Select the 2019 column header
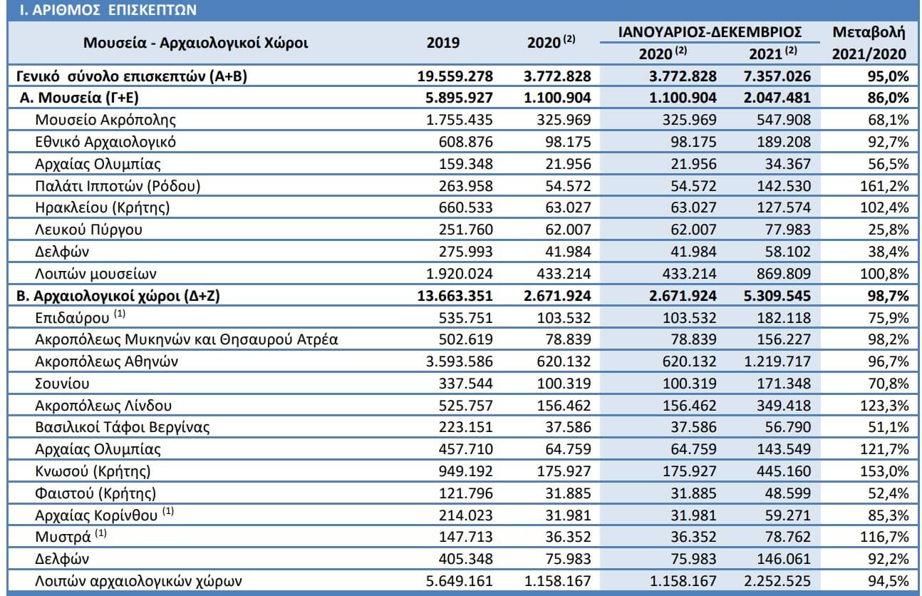coord(443,43)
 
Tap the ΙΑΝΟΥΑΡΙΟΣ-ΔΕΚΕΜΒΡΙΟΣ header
coord(710,32)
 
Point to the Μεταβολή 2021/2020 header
coord(869,43)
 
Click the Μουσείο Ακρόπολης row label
coord(105,120)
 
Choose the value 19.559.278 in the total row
coord(455,76)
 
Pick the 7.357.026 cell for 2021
coord(777,76)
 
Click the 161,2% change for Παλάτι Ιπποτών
coord(884,186)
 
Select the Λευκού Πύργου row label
coord(88,230)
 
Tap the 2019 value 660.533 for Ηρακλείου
coord(465,207)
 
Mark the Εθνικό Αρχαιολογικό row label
coord(105,142)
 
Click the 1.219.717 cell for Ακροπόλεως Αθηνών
coord(777,361)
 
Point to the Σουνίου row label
coord(62,384)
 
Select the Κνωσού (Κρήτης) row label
coord(93,471)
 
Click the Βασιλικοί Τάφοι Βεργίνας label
coord(123,428)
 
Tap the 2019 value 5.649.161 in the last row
coord(460,581)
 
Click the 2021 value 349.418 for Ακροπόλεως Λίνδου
coord(784,406)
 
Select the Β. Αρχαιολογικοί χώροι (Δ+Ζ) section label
coord(118,296)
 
